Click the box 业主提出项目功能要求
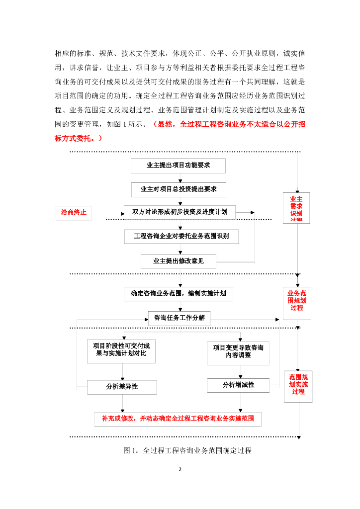(x=178, y=166)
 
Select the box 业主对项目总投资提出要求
(x=178, y=189)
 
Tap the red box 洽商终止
(x=74, y=212)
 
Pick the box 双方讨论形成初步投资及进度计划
(x=180, y=212)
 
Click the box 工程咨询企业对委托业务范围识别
(x=181, y=236)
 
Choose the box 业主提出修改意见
(x=178, y=261)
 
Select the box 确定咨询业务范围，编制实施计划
(x=178, y=294)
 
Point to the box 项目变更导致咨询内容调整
(x=238, y=352)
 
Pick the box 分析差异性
(x=122, y=387)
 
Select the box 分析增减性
(x=238, y=385)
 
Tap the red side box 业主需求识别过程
(x=296, y=208)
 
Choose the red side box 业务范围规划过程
(x=297, y=301)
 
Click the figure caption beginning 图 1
(x=187, y=451)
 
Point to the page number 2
(x=180, y=469)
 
